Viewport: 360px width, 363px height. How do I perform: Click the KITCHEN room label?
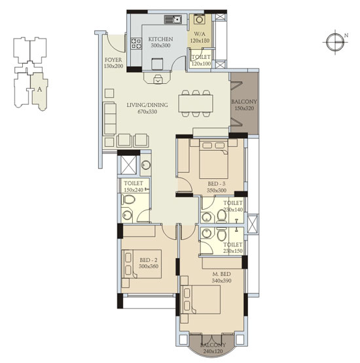[160, 39]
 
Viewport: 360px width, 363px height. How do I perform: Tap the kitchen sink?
[173, 20]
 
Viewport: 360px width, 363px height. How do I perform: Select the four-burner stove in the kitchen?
[136, 43]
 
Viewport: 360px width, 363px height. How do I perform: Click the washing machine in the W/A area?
[199, 19]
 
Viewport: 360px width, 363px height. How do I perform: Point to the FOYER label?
[113, 60]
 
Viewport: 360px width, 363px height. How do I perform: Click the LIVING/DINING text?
[147, 105]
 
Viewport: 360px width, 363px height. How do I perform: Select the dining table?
[196, 104]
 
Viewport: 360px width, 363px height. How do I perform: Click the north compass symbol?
[335, 42]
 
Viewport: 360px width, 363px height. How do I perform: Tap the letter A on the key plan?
[40, 89]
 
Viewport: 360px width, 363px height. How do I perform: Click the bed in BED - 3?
[213, 159]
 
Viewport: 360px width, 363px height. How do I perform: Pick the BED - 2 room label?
[149, 260]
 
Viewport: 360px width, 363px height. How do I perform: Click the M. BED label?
[221, 274]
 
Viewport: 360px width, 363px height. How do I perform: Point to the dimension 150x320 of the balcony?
[244, 108]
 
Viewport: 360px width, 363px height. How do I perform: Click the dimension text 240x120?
[213, 351]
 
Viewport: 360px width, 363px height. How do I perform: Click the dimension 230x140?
[233, 210]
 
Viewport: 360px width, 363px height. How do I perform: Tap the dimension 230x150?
[233, 251]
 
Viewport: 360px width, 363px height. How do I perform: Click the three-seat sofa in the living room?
[110, 119]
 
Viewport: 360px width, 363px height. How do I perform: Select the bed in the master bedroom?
[200, 299]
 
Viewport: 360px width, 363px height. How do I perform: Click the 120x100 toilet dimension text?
[201, 64]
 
